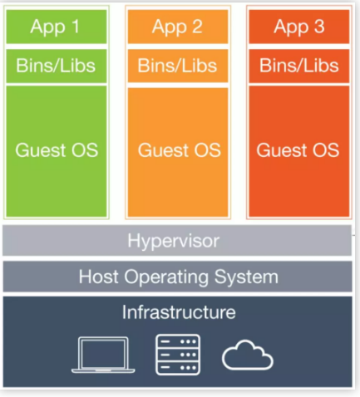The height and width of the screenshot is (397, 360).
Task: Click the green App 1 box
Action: [x=57, y=27]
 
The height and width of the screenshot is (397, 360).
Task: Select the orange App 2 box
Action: [x=178, y=27]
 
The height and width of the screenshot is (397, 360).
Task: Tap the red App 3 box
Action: [x=299, y=27]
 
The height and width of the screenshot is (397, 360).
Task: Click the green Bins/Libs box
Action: [x=57, y=66]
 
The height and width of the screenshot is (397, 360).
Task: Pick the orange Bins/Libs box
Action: [x=178, y=66]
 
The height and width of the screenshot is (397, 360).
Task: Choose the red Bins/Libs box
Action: [x=299, y=66]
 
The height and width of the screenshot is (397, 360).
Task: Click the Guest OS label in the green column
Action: [x=57, y=150]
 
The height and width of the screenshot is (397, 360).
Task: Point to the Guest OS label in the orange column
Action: [x=180, y=150]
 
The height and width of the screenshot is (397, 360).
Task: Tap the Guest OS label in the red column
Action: [x=298, y=150]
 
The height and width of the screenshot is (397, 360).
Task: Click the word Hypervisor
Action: [x=174, y=241]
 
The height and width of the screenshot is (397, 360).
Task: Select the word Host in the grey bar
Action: [x=99, y=277]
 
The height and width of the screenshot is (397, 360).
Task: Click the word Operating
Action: [x=166, y=277]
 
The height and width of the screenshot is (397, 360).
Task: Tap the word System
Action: [x=246, y=277]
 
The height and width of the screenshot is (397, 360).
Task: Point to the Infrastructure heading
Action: [x=179, y=312]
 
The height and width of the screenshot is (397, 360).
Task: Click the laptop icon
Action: [x=103, y=355]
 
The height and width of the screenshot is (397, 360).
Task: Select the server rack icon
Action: [x=178, y=355]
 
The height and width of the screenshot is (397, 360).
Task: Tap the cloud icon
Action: [x=248, y=355]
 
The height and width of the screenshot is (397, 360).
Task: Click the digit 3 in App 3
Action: [x=319, y=27]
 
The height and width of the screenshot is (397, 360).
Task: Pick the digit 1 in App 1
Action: [x=76, y=27]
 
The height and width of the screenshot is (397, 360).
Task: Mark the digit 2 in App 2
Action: [x=197, y=27]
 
